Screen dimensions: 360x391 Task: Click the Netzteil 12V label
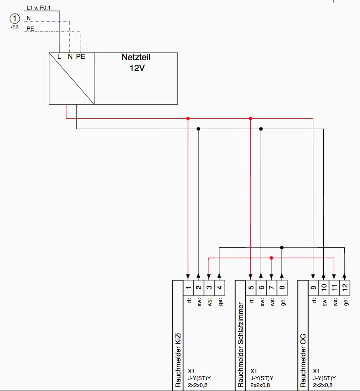click(x=136, y=62)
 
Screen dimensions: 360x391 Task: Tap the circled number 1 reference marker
click(x=15, y=18)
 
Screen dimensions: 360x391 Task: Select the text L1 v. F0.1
click(x=38, y=8)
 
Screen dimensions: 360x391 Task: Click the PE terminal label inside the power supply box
click(x=81, y=57)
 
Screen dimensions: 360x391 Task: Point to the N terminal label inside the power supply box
click(x=70, y=57)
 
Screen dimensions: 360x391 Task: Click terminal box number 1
click(x=188, y=288)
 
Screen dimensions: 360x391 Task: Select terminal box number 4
click(x=219, y=288)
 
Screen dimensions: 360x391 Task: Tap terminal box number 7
click(x=272, y=288)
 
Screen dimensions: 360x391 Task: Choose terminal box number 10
click(x=324, y=288)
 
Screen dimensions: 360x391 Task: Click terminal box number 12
click(x=345, y=288)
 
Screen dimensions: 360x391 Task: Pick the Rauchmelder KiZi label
click(x=178, y=360)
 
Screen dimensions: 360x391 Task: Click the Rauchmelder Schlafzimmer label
click(x=240, y=345)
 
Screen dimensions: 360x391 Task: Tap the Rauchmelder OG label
click(x=303, y=360)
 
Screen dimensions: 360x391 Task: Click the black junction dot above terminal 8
click(x=282, y=247)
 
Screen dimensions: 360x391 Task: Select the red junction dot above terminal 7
click(x=271, y=258)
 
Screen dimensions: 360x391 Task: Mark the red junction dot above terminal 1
click(x=188, y=118)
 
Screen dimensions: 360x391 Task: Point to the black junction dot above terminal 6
click(x=261, y=129)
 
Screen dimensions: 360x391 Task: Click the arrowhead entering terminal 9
click(x=313, y=277)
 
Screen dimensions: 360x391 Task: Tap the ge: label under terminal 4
click(x=221, y=302)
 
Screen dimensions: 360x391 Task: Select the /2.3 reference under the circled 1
click(x=15, y=27)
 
